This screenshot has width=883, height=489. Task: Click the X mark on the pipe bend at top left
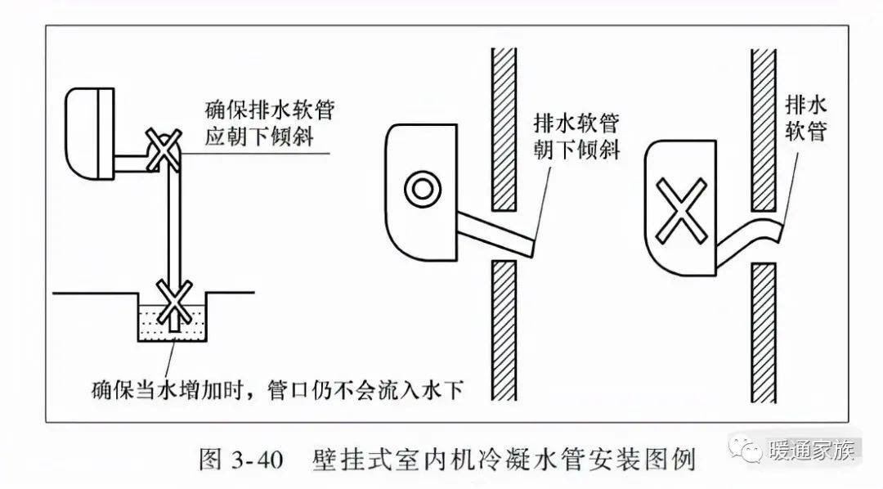tap(164, 150)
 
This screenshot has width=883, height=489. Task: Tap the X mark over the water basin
tap(174, 301)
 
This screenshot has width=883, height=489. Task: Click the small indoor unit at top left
tap(90, 133)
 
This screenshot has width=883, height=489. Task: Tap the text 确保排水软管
tap(269, 110)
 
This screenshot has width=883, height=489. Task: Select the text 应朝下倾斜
tap(259, 137)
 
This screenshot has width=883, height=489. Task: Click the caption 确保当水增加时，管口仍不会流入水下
tap(278, 389)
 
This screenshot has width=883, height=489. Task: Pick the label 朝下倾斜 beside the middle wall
tap(576, 150)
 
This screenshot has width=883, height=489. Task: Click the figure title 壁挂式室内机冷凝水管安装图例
tap(504, 460)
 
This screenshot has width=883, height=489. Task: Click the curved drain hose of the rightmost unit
tap(750, 236)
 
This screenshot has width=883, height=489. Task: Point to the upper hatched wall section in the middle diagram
tap(504, 129)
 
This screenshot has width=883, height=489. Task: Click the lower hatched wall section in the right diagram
tap(764, 333)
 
